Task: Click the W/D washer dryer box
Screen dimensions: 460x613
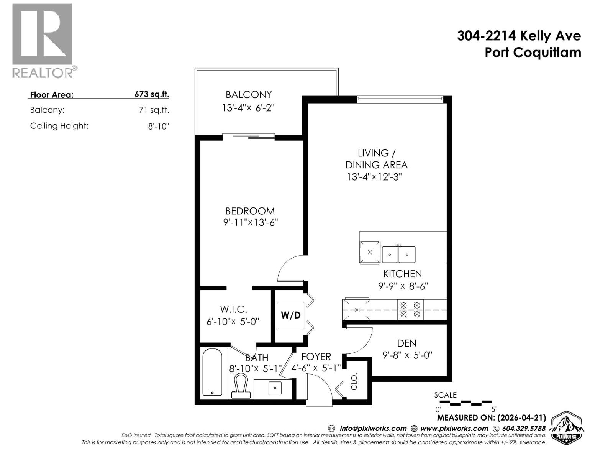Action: (x=290, y=315)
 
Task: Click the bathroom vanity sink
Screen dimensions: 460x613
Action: (x=275, y=388)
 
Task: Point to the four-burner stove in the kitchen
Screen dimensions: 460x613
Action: (x=410, y=310)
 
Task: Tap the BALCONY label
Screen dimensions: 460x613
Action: (x=248, y=95)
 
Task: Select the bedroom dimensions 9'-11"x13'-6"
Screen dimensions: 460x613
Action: (x=250, y=223)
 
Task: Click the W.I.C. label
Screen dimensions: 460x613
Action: (x=233, y=309)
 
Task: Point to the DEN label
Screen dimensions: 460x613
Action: (x=406, y=343)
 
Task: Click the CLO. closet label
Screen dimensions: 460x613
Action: (x=354, y=381)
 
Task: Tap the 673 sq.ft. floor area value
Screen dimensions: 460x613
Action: (x=152, y=94)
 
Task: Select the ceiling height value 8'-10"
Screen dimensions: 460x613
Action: (x=159, y=126)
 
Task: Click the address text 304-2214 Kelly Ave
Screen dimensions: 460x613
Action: (x=519, y=36)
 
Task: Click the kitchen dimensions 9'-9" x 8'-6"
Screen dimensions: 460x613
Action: (x=403, y=286)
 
